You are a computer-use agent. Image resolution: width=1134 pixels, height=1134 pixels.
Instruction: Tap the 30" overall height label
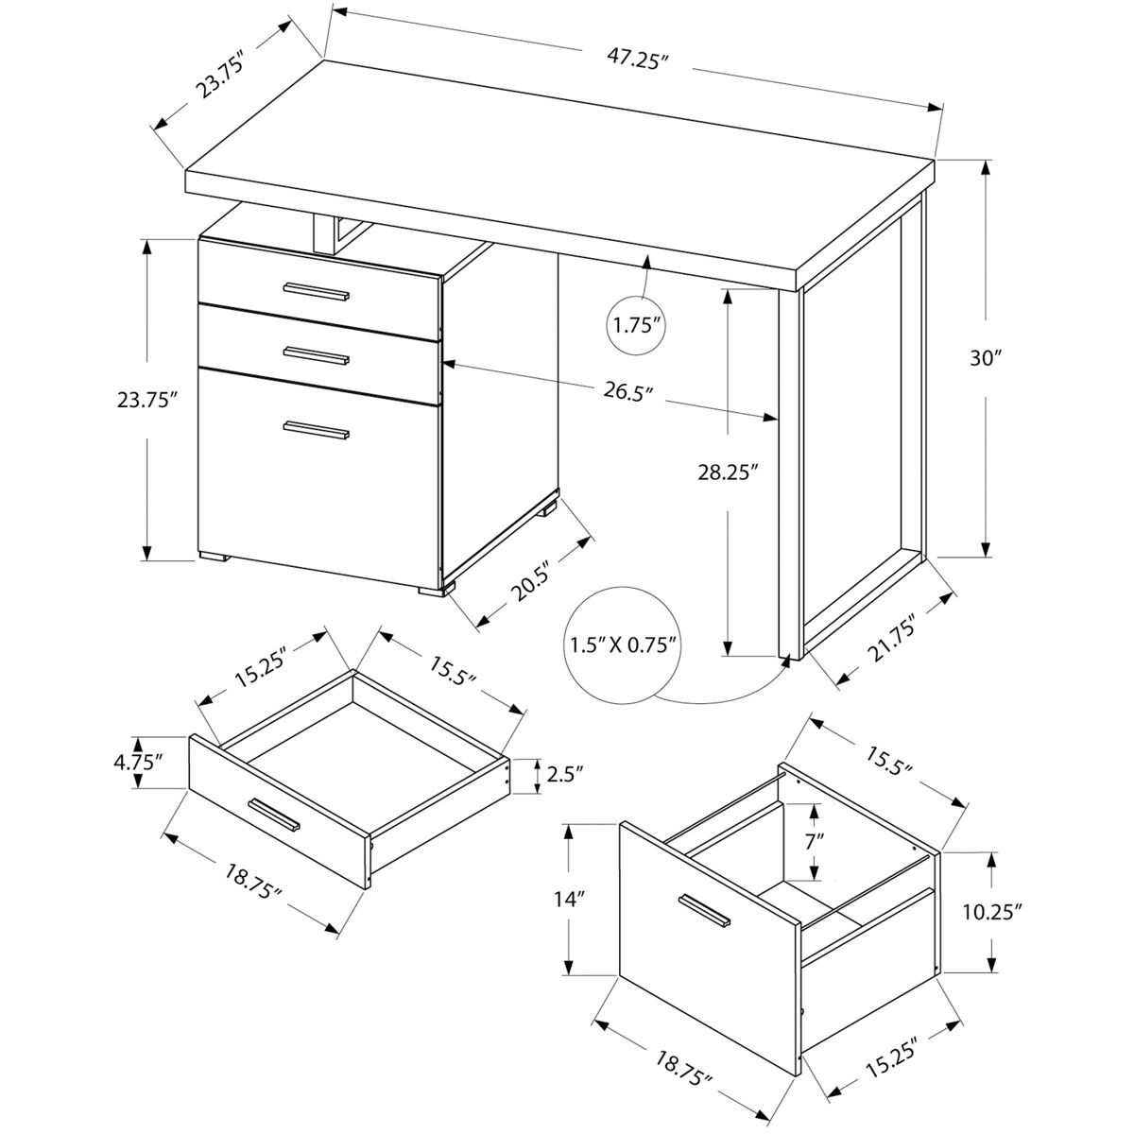[985, 358]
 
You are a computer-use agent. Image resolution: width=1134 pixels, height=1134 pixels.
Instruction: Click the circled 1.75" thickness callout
[635, 327]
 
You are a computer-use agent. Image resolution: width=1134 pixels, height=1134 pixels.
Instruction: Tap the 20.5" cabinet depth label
[531, 579]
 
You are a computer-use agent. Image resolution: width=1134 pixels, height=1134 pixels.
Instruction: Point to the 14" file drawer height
[569, 900]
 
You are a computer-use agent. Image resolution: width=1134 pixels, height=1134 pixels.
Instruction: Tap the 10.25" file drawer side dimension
[994, 912]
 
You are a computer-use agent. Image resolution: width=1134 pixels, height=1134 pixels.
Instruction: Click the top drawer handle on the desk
[317, 291]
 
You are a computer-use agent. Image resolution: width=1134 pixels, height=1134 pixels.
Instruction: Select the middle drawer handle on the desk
[317, 356]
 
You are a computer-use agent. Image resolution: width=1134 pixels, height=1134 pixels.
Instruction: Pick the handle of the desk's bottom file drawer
[317, 430]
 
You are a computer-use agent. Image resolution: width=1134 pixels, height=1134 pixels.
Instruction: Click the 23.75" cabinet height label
[147, 400]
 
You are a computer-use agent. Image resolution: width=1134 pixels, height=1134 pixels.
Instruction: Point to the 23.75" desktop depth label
[221, 78]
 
